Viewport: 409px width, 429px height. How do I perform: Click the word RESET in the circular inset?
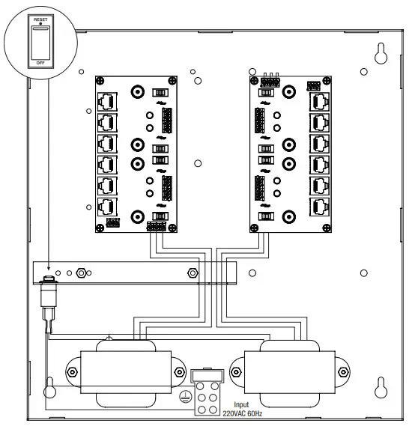(x=40, y=19)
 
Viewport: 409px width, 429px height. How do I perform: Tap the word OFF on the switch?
(x=40, y=63)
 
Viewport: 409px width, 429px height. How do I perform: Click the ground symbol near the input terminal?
(x=185, y=397)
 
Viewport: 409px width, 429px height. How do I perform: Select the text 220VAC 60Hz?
(x=242, y=413)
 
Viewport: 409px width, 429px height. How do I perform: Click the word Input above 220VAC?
(x=241, y=404)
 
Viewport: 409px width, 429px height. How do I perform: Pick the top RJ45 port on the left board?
(x=107, y=102)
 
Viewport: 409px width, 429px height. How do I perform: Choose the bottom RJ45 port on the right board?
(x=319, y=207)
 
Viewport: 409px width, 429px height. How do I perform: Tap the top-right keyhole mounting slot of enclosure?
(x=381, y=53)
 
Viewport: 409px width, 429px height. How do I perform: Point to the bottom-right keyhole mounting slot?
(x=381, y=387)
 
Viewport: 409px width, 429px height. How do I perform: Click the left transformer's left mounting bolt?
(x=72, y=372)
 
